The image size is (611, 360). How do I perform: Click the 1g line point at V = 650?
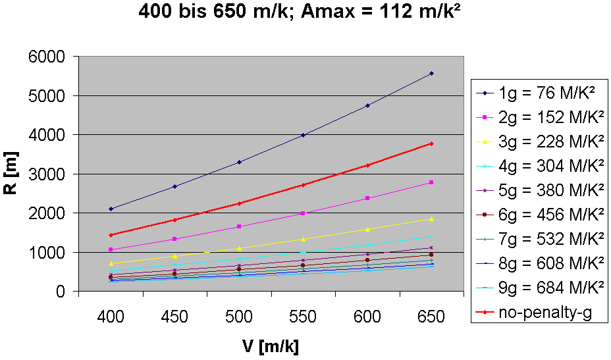[x=431, y=73]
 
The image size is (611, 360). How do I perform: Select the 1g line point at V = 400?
[x=111, y=209]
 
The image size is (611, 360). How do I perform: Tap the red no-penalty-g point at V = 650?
[x=431, y=143]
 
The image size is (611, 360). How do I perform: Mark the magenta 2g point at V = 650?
[x=431, y=182]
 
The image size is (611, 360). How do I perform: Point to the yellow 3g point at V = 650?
[x=431, y=219]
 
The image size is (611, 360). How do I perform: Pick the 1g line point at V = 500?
[x=239, y=162]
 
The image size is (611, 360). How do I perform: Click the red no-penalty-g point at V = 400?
[x=111, y=235]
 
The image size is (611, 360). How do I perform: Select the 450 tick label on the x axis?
[x=175, y=317]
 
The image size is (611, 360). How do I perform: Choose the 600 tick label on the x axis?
[x=367, y=317]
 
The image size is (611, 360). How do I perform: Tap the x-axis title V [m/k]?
[x=271, y=345]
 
